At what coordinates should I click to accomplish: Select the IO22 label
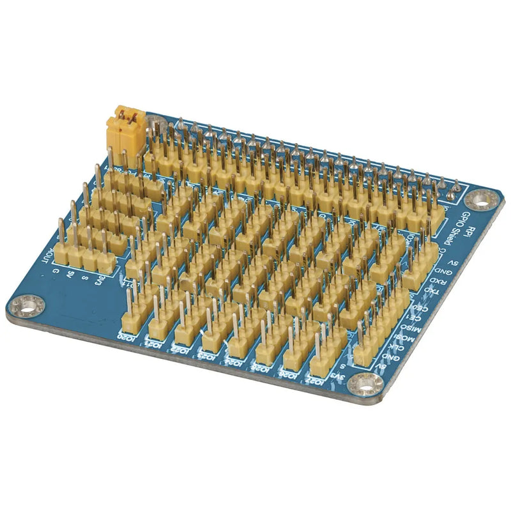[180, 348]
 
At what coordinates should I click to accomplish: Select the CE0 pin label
[423, 308]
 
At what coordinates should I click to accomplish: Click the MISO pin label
[412, 328]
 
